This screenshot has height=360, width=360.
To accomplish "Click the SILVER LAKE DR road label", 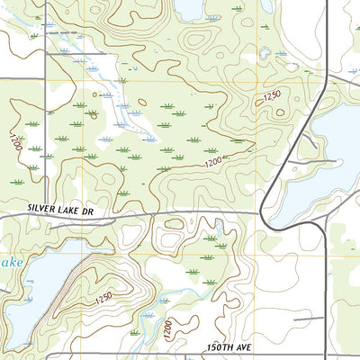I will pos(60,208).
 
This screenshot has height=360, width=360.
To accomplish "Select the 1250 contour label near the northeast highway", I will pos(272,95).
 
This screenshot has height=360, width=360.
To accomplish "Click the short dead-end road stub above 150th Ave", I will pos(306,318).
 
